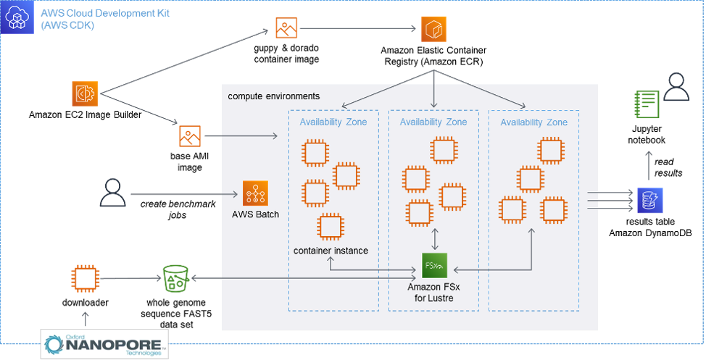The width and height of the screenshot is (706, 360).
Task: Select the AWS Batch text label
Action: click(255, 214)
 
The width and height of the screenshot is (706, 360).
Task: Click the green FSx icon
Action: click(434, 265)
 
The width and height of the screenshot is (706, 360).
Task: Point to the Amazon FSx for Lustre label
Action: click(433, 292)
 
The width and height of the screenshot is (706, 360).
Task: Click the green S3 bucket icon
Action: click(175, 278)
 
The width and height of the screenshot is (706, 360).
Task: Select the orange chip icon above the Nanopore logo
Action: click(85, 278)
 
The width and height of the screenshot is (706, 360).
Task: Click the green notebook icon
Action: click(647, 104)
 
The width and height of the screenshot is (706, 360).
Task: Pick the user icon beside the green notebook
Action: click(676, 87)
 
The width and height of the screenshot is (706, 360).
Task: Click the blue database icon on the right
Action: click(649, 200)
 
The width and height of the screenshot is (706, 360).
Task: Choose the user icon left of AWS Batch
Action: click(112, 193)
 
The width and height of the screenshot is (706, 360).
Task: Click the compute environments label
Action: click(273, 96)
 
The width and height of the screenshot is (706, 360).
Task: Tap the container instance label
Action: click(330, 251)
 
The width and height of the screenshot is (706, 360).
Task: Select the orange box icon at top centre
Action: click(434, 29)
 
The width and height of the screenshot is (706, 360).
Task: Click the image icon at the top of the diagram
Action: click(286, 28)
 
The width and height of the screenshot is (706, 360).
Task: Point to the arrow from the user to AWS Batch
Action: click(185, 194)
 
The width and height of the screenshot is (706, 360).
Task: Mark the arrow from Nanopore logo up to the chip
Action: click(86, 317)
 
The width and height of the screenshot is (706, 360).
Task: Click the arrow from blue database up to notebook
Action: click(649, 164)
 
